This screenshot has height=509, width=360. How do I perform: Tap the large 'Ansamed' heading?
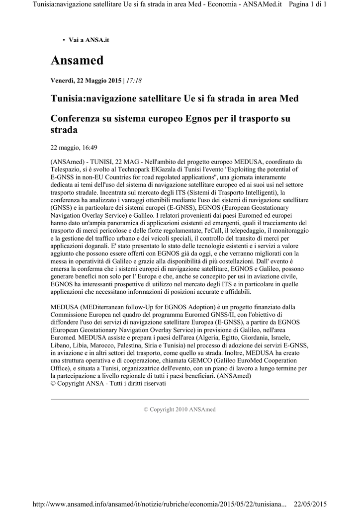pyautogui.click(x=77, y=61)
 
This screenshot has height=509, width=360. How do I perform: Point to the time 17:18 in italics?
pyautogui.click(x=134, y=81)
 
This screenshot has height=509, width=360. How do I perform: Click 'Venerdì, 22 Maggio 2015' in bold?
pyautogui.click(x=86, y=81)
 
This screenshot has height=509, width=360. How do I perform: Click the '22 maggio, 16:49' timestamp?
pyautogui.click(x=74, y=147)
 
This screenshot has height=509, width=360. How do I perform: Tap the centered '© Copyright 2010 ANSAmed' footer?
pyautogui.click(x=180, y=410)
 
